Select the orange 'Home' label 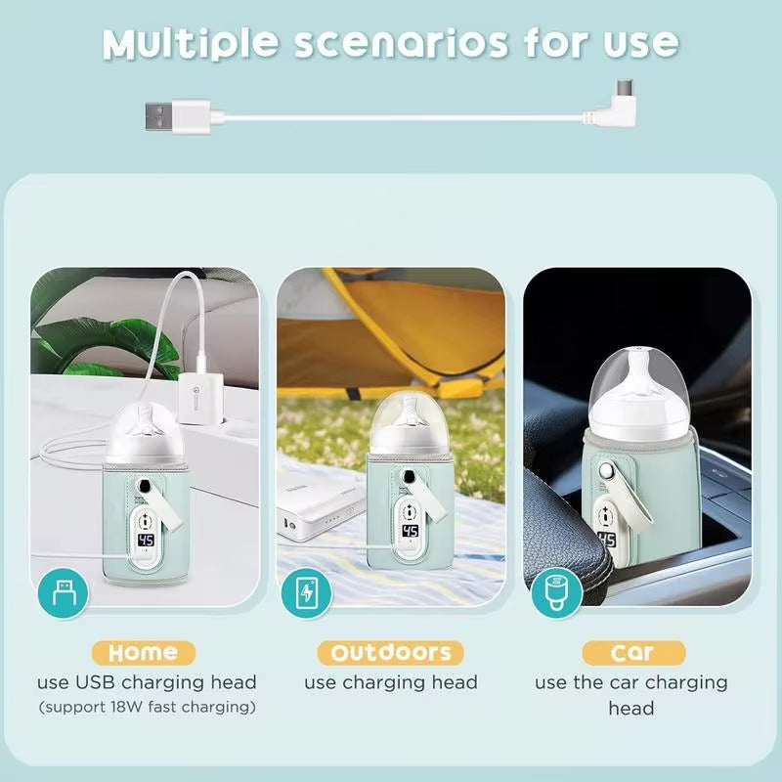[x=144, y=652]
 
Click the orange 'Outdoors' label [x=391, y=652]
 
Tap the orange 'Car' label [x=632, y=652]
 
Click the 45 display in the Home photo [x=147, y=540]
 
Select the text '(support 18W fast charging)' [x=147, y=707]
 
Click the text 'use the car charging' [x=631, y=682]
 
